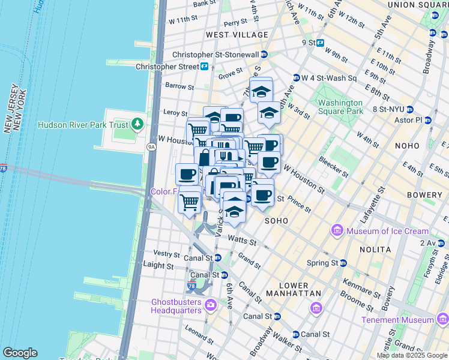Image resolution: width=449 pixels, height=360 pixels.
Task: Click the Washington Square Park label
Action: pyautogui.click(x=340, y=107)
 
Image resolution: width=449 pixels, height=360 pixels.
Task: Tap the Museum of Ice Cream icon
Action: pyautogui.click(x=337, y=231)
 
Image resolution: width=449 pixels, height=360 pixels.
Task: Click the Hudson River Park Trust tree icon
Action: pyautogui.click(x=139, y=124)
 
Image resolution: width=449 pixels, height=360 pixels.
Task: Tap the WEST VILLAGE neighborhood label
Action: pyautogui.click(x=229, y=35)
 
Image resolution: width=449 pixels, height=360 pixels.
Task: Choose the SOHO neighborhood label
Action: pyautogui.click(x=277, y=221)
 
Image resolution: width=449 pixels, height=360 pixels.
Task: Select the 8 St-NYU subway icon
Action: pyautogui.click(x=410, y=109)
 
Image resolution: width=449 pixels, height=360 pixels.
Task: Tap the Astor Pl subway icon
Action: pyautogui.click(x=428, y=120)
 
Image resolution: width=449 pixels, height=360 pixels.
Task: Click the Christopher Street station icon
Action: pyautogui.click(x=205, y=67)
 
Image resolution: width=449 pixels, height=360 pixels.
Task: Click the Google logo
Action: pyautogui.click(x=20, y=353)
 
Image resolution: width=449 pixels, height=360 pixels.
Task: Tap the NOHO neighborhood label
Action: pyautogui.click(x=411, y=146)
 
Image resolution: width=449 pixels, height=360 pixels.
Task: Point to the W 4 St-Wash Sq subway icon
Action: pyautogui.click(x=296, y=78)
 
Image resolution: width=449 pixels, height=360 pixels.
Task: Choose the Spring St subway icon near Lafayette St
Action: pyautogui.click(x=343, y=263)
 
